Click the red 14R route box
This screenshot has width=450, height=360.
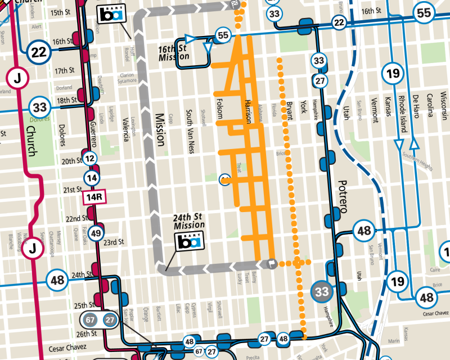click(x=93, y=197)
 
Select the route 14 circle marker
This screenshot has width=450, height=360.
click(x=91, y=178)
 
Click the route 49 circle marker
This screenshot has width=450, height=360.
click(x=96, y=233)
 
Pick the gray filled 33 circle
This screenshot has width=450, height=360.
click(x=322, y=291)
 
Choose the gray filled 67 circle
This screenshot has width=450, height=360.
click(x=90, y=319)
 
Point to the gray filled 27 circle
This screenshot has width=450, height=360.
click(x=109, y=319)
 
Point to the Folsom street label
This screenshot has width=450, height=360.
click(x=220, y=110)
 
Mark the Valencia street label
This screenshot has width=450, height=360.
click(x=125, y=128)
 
